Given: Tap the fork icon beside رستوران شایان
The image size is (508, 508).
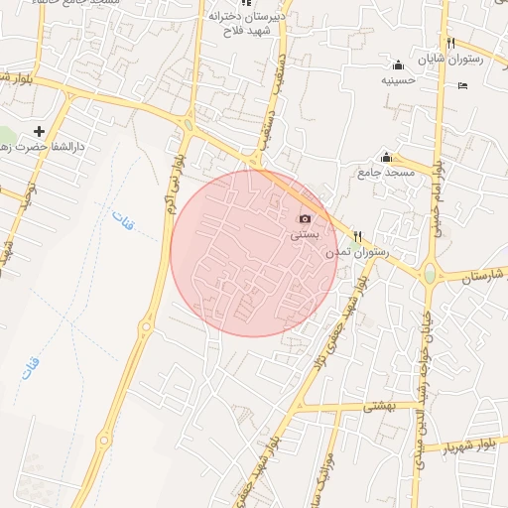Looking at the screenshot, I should click(x=451, y=43).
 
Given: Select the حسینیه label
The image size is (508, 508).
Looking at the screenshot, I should click(x=398, y=79).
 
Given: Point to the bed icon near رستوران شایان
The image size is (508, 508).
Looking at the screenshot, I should click(x=463, y=85).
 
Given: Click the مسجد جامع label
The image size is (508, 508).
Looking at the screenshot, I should click(x=386, y=174).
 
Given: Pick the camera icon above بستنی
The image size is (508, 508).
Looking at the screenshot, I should click(x=305, y=218).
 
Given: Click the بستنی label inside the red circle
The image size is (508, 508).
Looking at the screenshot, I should click(x=305, y=236).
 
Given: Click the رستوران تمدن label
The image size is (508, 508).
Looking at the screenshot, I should click(x=358, y=253).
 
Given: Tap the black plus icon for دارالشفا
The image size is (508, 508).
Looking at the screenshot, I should click(x=40, y=131).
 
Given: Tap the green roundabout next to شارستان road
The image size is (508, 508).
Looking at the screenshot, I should click(x=430, y=272).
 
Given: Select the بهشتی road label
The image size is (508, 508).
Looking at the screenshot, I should click(x=379, y=405).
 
